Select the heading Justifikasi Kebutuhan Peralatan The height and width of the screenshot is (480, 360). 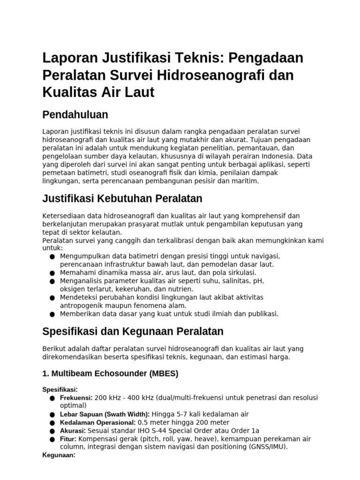click(x=122, y=198)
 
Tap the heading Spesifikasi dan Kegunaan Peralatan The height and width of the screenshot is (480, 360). click(x=133, y=331)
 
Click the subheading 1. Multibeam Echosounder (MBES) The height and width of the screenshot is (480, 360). click(x=110, y=374)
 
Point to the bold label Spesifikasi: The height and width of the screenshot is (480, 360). click(x=60, y=390)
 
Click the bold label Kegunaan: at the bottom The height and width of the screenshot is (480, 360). click(x=59, y=455)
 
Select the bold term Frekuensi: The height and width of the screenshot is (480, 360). click(x=76, y=397)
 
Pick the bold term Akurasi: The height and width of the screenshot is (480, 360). click(x=73, y=430)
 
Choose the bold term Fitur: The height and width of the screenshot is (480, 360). click(x=68, y=439)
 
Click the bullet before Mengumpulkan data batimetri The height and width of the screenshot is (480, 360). click(x=52, y=256)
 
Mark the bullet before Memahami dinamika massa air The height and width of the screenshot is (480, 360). click(x=52, y=273)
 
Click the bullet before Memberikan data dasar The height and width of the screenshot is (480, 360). click(x=52, y=314)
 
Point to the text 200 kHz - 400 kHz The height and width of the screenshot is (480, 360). click(x=121, y=397)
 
